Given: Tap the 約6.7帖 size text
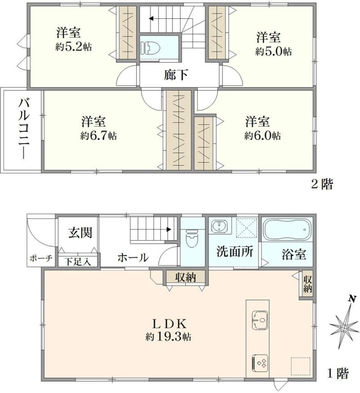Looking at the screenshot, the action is (x=99, y=136).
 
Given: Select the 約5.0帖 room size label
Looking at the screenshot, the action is (x=274, y=52).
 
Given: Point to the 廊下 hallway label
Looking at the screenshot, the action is (x=176, y=75).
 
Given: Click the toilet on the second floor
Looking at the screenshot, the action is (x=148, y=48).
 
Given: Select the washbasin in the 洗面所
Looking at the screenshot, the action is (x=220, y=226).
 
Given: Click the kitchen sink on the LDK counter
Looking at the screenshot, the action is (x=260, y=320).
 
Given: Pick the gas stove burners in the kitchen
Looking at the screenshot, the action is (x=260, y=363).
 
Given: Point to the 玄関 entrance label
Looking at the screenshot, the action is (x=81, y=232).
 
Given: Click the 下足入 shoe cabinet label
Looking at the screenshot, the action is (x=78, y=262).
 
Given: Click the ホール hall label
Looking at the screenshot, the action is (x=133, y=257).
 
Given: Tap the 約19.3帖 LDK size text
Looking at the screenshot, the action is (x=168, y=337).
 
